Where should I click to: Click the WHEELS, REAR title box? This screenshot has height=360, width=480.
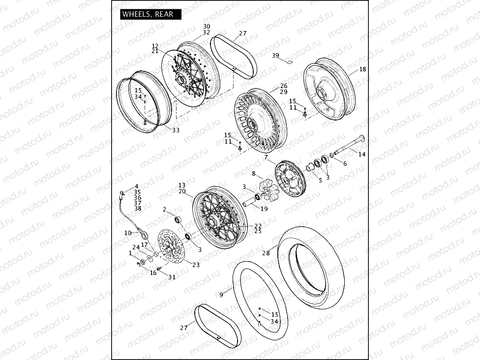coord(151,14)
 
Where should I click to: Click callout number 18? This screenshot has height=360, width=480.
coord(362,70)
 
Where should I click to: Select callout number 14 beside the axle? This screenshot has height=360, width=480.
coord(362,154)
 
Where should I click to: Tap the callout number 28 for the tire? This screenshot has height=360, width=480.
coord(266,253)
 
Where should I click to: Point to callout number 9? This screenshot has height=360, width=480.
coord(221,295)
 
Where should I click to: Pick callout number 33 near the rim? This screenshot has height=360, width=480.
coord(176,130)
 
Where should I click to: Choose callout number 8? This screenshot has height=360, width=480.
coord(254,174)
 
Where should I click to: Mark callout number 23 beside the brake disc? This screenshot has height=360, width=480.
coord(196,265)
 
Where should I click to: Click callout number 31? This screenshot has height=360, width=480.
coord(171,277)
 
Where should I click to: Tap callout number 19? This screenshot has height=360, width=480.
coord(264,209)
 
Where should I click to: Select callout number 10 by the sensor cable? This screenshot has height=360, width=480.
coord(128,233)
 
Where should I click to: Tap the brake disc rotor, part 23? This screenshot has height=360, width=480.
coord(170,250)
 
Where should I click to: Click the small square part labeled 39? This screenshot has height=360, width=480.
coord(290,62)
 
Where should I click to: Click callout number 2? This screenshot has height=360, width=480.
coord(165,209)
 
